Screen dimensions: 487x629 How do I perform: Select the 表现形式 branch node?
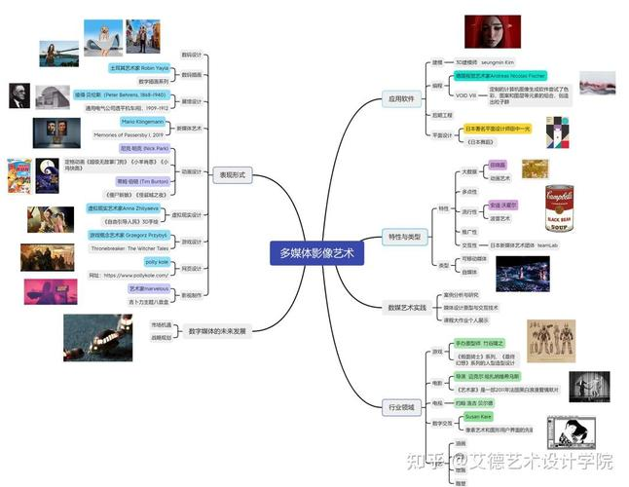tap(231, 173)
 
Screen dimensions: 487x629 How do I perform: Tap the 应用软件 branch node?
tap(401, 98)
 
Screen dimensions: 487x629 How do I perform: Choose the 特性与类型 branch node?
tap(408, 237)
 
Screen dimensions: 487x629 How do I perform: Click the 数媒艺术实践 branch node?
tap(407, 308)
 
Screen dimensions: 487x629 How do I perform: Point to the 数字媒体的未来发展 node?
tap(217, 331)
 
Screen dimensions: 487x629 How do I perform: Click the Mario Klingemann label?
tap(142, 122)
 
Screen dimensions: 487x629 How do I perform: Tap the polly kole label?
tap(157, 262)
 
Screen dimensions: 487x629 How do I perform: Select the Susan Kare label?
tap(477, 416)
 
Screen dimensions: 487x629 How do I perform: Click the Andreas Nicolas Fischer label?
tap(501, 75)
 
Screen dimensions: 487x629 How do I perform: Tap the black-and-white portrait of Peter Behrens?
tap(18, 95)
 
